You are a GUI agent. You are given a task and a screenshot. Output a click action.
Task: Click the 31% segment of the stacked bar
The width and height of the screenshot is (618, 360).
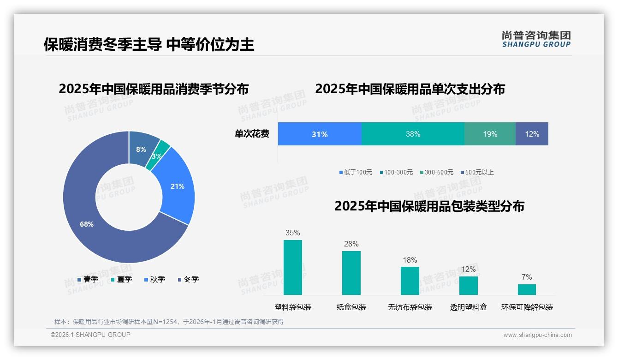click(320, 134)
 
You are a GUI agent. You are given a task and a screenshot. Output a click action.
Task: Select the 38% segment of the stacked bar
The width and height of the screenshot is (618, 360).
click(413, 134)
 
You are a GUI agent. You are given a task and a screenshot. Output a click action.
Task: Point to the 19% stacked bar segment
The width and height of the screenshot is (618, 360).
click(490, 134)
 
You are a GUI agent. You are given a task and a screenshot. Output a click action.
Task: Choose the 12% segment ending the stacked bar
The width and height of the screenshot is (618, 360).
click(532, 134)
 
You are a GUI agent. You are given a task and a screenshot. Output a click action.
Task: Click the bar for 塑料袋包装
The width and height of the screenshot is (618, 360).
click(293, 267)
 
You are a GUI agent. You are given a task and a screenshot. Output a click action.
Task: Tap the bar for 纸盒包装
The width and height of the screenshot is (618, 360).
click(351, 273)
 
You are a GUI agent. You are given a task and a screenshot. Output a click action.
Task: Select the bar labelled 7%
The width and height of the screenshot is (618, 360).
click(527, 289)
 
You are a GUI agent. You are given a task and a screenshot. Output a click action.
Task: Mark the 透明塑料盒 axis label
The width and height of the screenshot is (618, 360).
click(469, 307)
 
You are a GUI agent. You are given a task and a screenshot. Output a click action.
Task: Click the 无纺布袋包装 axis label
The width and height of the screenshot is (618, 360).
click(410, 307)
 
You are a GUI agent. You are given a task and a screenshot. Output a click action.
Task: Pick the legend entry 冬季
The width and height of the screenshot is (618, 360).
click(188, 279)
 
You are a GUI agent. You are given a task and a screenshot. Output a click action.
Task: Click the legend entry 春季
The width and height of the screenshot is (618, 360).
click(88, 279)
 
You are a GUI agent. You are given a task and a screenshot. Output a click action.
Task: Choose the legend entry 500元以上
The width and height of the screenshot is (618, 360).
click(477, 172)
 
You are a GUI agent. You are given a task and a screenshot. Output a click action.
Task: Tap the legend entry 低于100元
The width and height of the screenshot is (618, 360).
click(356, 172)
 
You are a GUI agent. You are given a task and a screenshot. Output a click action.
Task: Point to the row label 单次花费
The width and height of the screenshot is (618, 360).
click(252, 134)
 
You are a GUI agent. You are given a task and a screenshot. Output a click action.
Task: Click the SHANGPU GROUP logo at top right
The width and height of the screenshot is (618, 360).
click(536, 39)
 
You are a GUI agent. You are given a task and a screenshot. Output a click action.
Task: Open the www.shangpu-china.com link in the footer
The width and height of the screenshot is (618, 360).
click(537, 335)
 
